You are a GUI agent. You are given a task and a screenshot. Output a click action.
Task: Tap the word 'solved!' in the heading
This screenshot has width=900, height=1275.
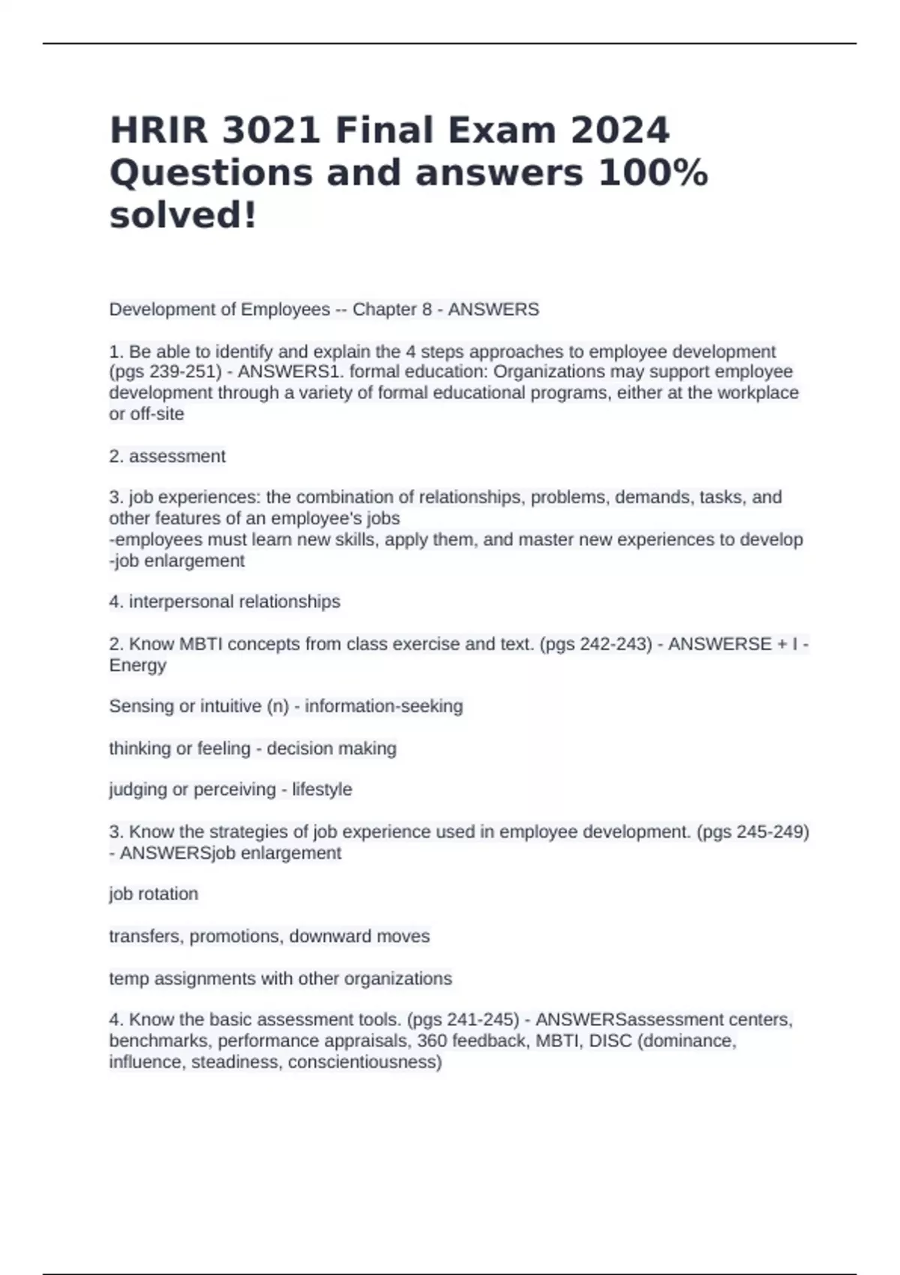click(183, 215)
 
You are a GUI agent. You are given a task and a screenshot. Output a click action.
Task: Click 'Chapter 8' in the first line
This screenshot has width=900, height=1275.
click(391, 309)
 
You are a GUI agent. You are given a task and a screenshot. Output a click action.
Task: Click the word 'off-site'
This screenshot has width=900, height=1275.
click(157, 414)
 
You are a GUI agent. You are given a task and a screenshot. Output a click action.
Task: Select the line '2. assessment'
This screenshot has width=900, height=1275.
click(167, 456)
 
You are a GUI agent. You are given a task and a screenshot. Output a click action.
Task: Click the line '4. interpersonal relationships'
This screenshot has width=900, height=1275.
click(224, 601)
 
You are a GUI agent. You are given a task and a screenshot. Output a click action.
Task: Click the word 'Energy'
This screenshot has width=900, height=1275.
click(137, 665)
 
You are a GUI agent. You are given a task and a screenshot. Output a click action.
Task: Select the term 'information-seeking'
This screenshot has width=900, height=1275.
click(383, 706)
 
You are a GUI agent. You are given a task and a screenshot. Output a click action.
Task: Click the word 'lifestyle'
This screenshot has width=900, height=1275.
click(322, 790)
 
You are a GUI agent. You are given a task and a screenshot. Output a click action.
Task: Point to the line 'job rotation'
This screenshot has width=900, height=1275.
click(154, 894)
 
